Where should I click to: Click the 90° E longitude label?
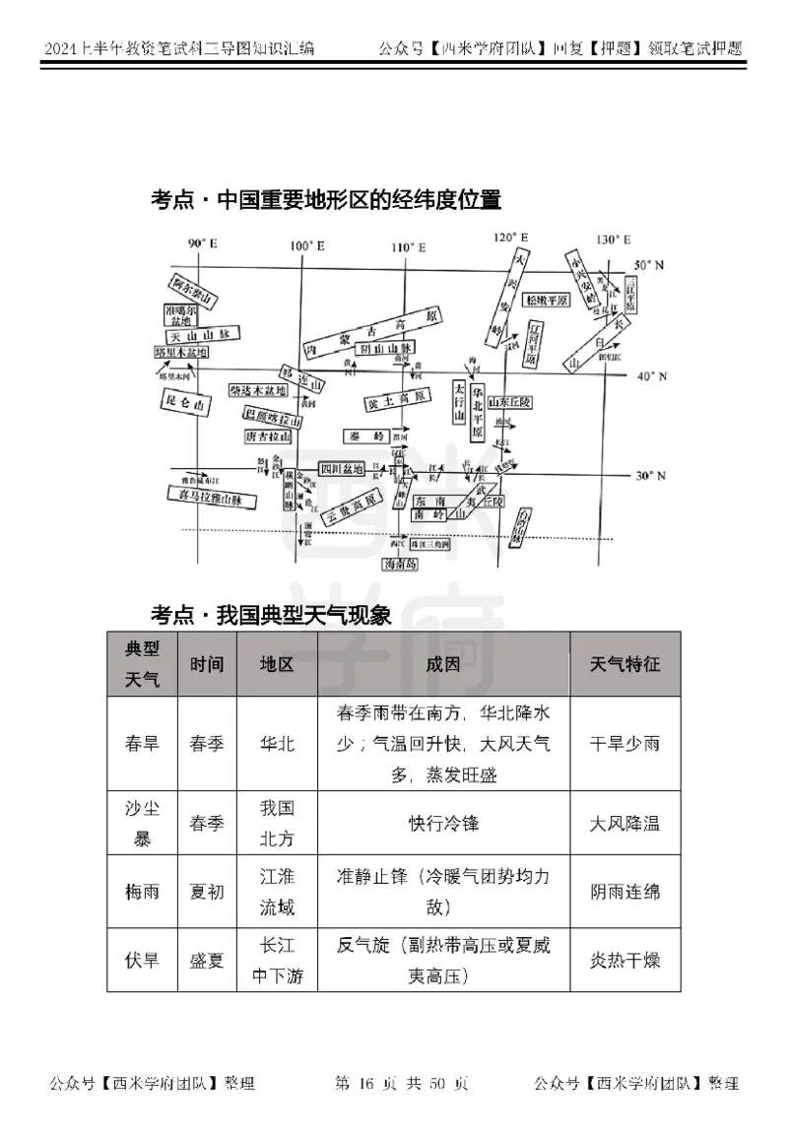coord(202,243)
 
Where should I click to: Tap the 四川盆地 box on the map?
coord(342,468)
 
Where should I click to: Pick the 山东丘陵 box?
coord(510,402)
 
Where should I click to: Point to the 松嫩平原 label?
coord(548,300)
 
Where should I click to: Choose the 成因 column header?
coord(443,664)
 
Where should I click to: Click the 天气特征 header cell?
coord(624,664)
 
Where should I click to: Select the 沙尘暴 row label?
coord(142,824)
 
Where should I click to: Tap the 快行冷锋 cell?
coord(443,824)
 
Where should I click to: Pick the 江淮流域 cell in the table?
coord(277,891)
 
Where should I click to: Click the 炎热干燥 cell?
coord(624,959)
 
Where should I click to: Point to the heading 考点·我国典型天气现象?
coord(271,616)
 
